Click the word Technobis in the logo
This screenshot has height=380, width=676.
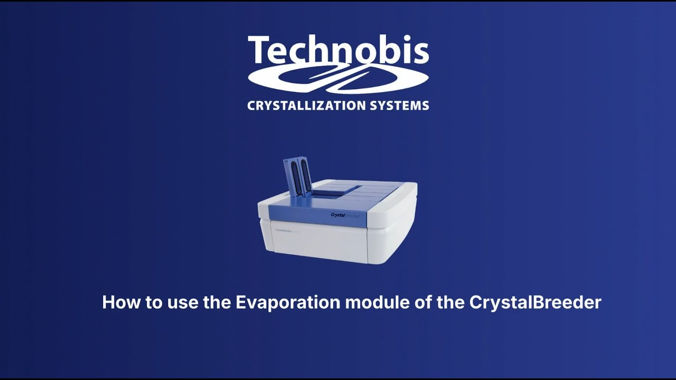click(x=338, y=51)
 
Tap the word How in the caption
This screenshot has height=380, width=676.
click(x=118, y=302)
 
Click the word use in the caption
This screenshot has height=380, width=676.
click(x=179, y=302)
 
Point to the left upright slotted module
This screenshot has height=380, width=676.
click(x=292, y=177)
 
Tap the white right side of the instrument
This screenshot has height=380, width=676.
click(x=393, y=232)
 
